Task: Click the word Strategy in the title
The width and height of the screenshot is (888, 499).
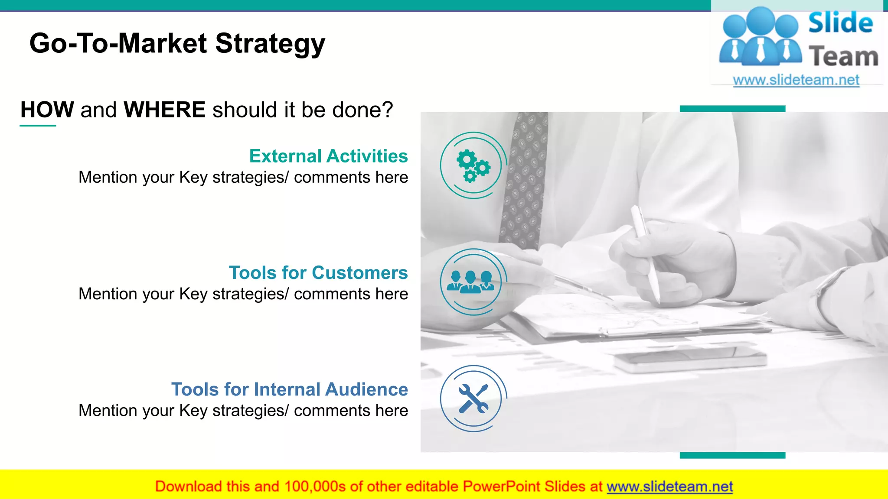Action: click(270, 44)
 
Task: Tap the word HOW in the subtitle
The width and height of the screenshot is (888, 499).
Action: click(47, 110)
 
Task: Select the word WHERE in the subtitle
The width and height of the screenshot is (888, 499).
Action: click(164, 110)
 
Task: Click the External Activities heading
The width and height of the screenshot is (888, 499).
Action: click(328, 156)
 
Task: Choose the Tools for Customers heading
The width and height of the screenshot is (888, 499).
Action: click(318, 272)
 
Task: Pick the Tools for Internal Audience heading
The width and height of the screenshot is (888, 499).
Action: click(289, 389)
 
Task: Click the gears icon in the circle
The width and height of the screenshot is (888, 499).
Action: click(473, 165)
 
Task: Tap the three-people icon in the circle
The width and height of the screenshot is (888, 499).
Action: click(471, 282)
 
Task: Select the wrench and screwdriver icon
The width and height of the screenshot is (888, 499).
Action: click(473, 399)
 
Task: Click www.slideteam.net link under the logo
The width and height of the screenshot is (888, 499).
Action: click(796, 80)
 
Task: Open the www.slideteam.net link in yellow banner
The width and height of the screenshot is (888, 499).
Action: click(669, 486)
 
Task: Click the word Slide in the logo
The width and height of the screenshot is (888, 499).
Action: click(840, 23)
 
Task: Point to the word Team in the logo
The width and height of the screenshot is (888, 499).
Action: click(843, 57)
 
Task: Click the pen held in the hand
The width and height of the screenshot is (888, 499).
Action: click(646, 251)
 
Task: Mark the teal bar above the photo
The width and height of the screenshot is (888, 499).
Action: click(732, 109)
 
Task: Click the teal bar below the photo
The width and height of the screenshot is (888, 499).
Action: click(732, 455)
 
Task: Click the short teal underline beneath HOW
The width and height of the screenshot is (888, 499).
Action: click(38, 126)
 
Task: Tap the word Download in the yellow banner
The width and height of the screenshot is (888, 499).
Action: click(188, 486)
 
